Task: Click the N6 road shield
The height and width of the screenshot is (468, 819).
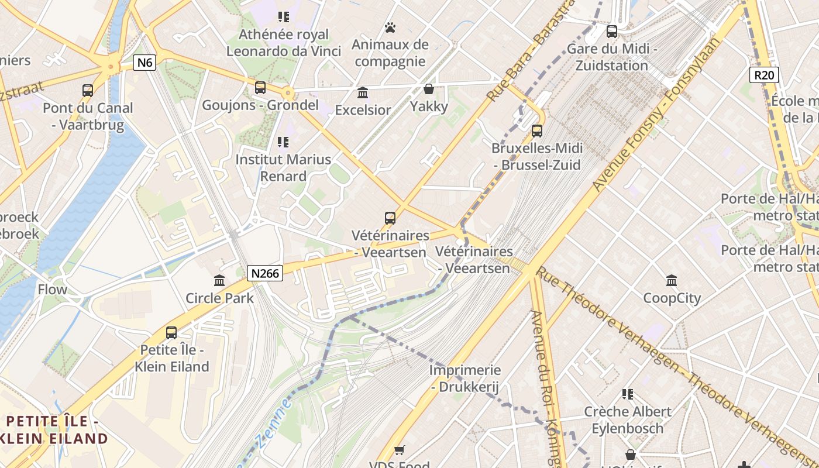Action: coord(144,63)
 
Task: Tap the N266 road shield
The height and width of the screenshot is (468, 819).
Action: coord(265,273)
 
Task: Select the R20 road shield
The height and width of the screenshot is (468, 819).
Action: coord(764,74)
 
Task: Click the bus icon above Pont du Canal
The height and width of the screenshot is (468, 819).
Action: coord(88,90)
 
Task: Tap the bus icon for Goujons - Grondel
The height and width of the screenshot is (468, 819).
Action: coord(260,88)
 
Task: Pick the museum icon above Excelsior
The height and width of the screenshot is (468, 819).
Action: coord(363,92)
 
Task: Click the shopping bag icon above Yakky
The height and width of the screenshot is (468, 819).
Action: coord(429,89)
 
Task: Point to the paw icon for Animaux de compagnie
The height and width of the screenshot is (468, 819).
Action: coord(390,27)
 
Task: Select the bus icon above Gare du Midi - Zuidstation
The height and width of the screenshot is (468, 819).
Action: coord(612,31)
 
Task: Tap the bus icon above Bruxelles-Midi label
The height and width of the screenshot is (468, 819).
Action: coord(537,130)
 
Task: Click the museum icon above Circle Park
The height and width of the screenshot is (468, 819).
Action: coord(219,281)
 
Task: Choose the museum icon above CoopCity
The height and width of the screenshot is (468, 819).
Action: coord(672,281)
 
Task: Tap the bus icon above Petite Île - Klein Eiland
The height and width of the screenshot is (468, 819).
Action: coord(171,333)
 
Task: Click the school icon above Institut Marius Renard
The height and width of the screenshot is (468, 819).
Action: coord(283,142)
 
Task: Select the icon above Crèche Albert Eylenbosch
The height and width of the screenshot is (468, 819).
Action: coord(628,394)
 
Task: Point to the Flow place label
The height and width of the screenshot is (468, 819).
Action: coord(53,289)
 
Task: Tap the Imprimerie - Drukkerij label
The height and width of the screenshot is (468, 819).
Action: coord(465,378)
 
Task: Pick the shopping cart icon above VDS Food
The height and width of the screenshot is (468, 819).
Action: coord(399,450)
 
